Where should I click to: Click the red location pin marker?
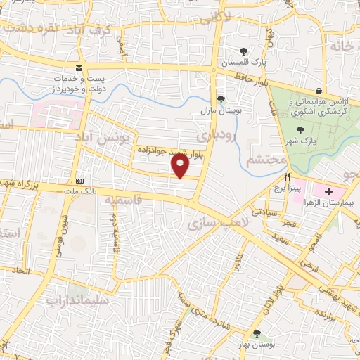[181, 165]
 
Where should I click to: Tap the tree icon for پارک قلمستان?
[243, 51]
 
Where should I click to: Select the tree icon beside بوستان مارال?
[221, 99]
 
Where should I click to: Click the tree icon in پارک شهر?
[301, 129]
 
